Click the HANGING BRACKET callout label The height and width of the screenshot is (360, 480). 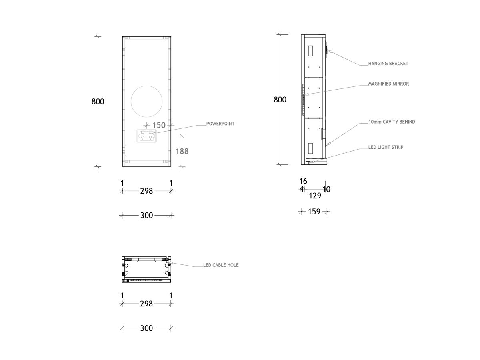point(388,64)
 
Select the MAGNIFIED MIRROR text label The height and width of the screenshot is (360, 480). point(388,84)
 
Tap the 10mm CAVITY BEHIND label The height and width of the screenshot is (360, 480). point(391,122)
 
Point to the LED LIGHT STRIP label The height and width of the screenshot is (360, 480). point(386,147)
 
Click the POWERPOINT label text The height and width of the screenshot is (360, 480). point(220,124)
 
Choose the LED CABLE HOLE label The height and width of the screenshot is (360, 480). point(221,265)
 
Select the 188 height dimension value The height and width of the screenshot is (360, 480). point(182,151)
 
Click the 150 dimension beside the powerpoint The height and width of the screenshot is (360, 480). point(159,126)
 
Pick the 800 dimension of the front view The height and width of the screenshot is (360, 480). point(98,102)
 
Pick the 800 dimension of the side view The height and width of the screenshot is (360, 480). point(280,100)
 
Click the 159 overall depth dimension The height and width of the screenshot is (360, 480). point(314,212)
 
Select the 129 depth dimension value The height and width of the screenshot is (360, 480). point(315,196)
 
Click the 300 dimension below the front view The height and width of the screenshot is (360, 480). point(146,215)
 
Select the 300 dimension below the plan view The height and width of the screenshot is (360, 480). point(146,328)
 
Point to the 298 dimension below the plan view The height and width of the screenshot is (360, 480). point(146,304)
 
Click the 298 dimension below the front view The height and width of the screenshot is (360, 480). point(146,191)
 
